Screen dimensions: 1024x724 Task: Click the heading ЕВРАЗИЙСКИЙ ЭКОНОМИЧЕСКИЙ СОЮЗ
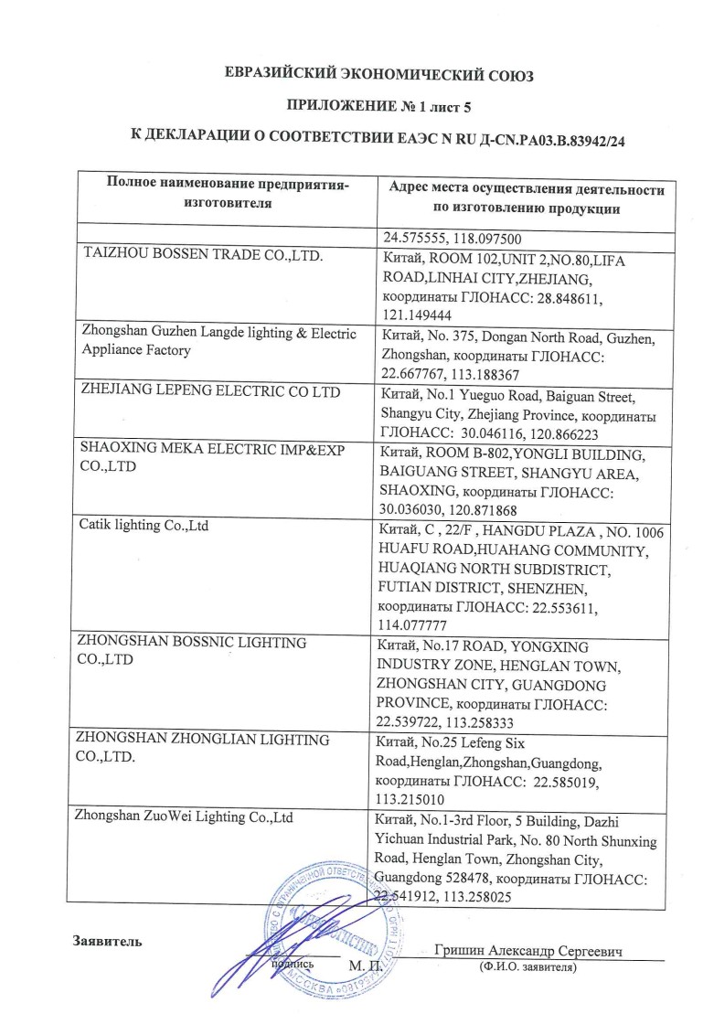(378, 75)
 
